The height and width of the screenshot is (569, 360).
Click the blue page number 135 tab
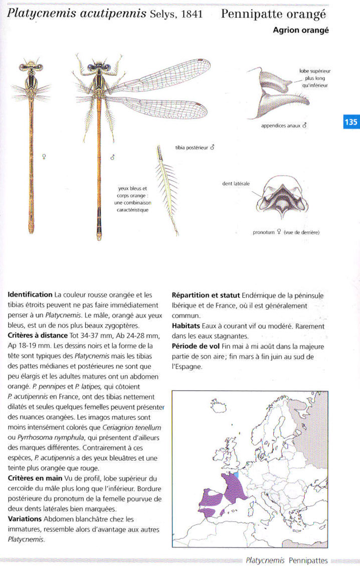(350, 121)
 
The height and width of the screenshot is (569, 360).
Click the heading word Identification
(30, 295)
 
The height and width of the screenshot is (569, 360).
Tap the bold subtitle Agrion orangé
(300, 30)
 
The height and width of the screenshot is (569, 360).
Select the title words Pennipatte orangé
(274, 14)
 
